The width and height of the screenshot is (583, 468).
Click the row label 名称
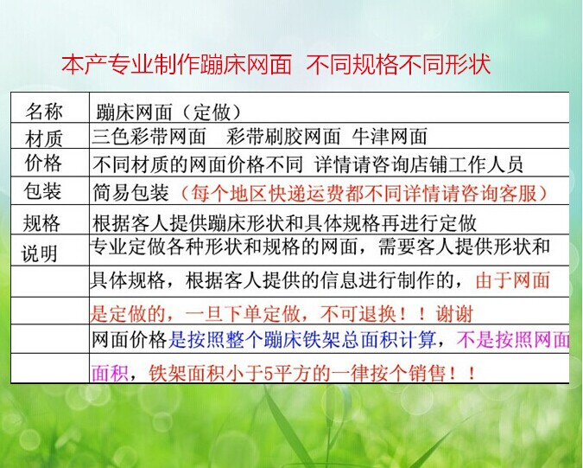click(43, 111)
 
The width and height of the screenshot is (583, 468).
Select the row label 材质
click(43, 139)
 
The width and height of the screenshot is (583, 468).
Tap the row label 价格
click(43, 163)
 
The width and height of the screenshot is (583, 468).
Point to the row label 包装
click(42, 191)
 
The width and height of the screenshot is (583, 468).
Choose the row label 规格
click(41, 223)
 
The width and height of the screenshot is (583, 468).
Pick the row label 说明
click(40, 254)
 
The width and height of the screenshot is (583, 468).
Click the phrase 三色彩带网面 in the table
click(149, 137)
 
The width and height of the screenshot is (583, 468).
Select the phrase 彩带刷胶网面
click(283, 137)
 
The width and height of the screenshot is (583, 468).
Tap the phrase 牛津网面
click(390, 137)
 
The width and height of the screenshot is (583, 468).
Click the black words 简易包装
click(130, 193)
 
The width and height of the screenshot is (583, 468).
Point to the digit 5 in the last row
click(268, 373)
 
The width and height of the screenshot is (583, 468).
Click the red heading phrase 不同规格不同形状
click(398, 64)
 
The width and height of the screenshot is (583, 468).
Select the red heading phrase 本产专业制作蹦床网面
click(176, 64)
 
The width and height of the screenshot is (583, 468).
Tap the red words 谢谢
click(454, 314)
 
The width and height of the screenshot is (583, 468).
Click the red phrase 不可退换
click(358, 314)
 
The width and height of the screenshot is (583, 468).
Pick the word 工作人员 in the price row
click(485, 164)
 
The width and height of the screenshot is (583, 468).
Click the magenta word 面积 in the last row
click(110, 373)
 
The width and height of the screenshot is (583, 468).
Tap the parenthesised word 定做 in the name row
click(212, 112)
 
